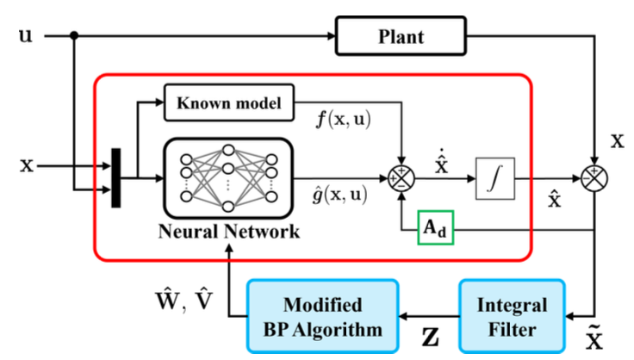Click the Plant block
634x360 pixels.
click(x=401, y=36)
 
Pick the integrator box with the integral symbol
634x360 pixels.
click(x=494, y=181)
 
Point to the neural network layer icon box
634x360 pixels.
click(x=228, y=178)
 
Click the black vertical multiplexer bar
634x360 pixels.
click(x=116, y=179)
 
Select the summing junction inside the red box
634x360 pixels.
click(x=402, y=181)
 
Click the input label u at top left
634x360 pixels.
click(x=26, y=36)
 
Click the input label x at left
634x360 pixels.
click(x=27, y=161)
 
